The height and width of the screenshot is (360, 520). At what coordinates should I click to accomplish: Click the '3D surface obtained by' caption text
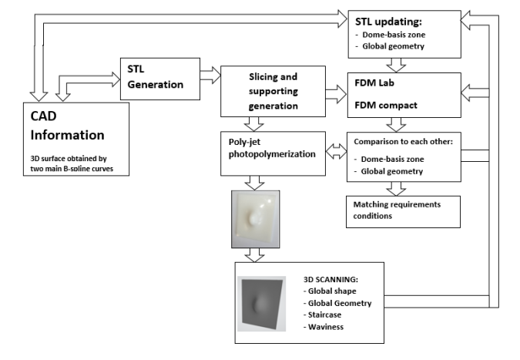pyautogui.click(x=69, y=161)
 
